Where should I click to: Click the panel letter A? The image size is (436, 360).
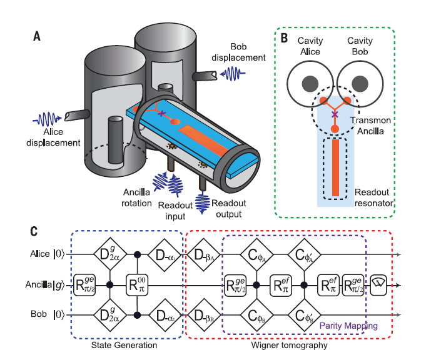click(x=37, y=36)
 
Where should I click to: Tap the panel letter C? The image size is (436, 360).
click(x=34, y=231)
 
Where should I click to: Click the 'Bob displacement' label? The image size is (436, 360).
click(x=238, y=52)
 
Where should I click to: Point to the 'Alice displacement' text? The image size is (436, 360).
click(x=53, y=137)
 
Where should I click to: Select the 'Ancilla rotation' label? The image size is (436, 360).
click(x=136, y=197)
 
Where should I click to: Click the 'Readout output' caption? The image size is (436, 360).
click(x=228, y=209)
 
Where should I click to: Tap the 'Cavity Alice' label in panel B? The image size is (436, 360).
click(x=310, y=46)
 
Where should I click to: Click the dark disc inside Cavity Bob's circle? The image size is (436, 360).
click(x=360, y=84)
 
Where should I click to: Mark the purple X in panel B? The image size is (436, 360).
click(x=335, y=114)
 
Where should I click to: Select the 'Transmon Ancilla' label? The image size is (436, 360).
click(x=370, y=126)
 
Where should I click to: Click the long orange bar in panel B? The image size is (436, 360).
click(x=335, y=167)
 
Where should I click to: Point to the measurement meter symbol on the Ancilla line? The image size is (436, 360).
click(x=378, y=285)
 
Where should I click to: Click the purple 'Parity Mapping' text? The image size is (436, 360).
click(x=348, y=326)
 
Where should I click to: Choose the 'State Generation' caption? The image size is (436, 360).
click(x=124, y=345)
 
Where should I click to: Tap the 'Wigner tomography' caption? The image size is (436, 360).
click(x=289, y=345)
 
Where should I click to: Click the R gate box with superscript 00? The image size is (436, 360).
click(x=137, y=285)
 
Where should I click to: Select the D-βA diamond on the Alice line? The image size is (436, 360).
click(x=204, y=254)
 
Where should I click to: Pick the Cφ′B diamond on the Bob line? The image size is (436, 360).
click(x=304, y=315)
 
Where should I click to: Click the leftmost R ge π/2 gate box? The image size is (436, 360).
click(x=84, y=285)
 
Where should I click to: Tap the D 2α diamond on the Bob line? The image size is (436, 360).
click(x=110, y=315)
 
